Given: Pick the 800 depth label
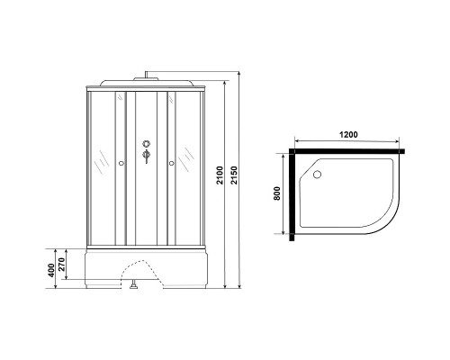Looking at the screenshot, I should [278, 193].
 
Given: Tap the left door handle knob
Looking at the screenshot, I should [121, 164].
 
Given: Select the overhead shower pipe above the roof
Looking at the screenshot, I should [146, 73].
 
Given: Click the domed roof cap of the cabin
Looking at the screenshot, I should [146, 84].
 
